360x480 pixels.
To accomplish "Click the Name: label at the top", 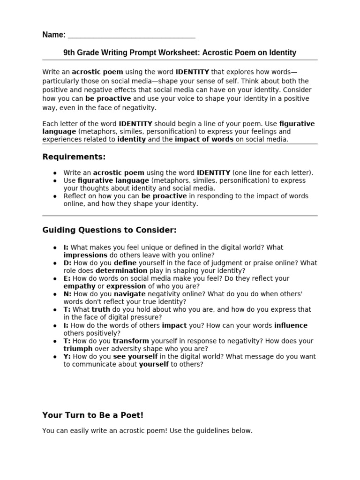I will pyautogui.click(x=54, y=35).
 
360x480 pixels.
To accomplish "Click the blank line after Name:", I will pyautogui.click(x=132, y=35).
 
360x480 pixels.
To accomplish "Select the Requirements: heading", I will pyautogui.click(x=74, y=156).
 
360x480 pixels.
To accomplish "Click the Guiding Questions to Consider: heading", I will pyautogui.click(x=109, y=230).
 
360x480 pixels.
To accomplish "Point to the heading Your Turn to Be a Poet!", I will pyautogui.click(x=93, y=415).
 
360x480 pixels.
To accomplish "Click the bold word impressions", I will pyautogui.click(x=85, y=255).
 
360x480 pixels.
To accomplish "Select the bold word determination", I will pyautogui.click(x=121, y=270).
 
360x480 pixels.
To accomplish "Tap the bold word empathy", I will pyautogui.click(x=79, y=286).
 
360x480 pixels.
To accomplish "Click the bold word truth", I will pyautogui.click(x=101, y=309).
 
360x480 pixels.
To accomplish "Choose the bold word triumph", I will pyautogui.click(x=78, y=349).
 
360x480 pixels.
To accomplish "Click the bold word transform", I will pyautogui.click(x=131, y=341).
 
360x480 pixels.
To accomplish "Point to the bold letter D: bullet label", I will pyautogui.click(x=67, y=263).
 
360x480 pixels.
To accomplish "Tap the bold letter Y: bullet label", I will pyautogui.click(x=67, y=357).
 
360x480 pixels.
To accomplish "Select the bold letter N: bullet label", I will pyautogui.click(x=67, y=294).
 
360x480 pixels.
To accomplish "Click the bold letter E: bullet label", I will pyautogui.click(x=67, y=278).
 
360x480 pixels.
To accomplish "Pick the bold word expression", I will pyautogui.click(x=125, y=286).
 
